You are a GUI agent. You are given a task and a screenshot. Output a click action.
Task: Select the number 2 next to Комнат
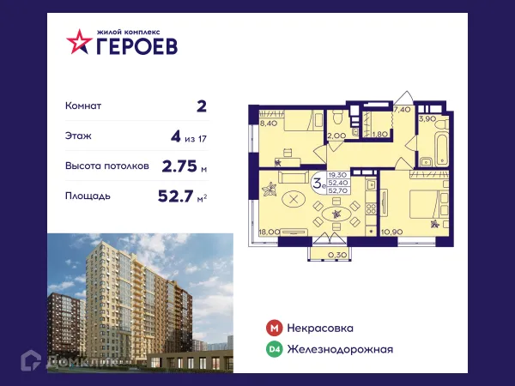point(202,106)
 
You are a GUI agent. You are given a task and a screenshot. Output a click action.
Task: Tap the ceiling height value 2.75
point(179,166)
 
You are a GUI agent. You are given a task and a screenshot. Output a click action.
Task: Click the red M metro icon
point(273,328)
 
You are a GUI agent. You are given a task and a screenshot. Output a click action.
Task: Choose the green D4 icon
point(273,349)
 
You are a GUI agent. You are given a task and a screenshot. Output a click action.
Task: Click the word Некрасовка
point(321,328)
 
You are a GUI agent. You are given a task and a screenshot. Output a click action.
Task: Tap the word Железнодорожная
point(341,349)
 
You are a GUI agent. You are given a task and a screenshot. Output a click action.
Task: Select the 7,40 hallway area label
point(401,111)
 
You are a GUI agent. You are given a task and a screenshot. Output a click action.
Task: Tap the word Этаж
point(79,136)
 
